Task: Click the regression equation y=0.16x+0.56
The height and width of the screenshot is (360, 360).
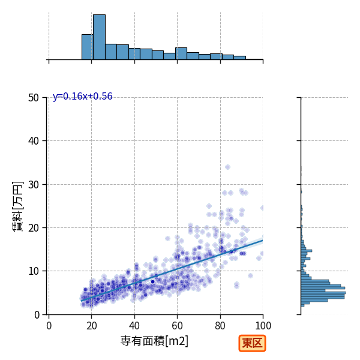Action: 83,97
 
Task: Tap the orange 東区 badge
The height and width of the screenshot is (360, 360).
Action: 252,343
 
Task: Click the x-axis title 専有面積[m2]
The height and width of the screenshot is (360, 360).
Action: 154,341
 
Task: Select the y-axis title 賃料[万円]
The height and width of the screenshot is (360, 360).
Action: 17,206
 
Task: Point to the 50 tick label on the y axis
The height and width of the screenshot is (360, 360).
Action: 34,98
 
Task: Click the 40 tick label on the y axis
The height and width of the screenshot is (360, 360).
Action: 34,141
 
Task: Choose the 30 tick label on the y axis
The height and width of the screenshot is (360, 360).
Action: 34,185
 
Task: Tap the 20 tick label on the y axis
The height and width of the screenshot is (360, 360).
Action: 34,228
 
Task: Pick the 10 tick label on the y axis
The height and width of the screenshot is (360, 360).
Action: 34,271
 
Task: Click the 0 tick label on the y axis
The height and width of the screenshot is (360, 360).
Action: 37,315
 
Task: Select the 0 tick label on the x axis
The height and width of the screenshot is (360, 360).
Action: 49,326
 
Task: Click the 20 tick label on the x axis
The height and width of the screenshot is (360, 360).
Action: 92,326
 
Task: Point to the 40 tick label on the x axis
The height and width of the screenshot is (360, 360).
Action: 134,326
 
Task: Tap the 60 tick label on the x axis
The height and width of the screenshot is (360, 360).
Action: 177,326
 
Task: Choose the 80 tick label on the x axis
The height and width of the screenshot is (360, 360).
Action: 220,326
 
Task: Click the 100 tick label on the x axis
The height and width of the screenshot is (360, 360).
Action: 263,326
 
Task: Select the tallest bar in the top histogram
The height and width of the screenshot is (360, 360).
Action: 99,37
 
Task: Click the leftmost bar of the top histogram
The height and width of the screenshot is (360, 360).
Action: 88,47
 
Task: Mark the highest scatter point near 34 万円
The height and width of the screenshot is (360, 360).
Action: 227,167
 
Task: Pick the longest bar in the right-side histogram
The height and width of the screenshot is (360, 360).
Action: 323,293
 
